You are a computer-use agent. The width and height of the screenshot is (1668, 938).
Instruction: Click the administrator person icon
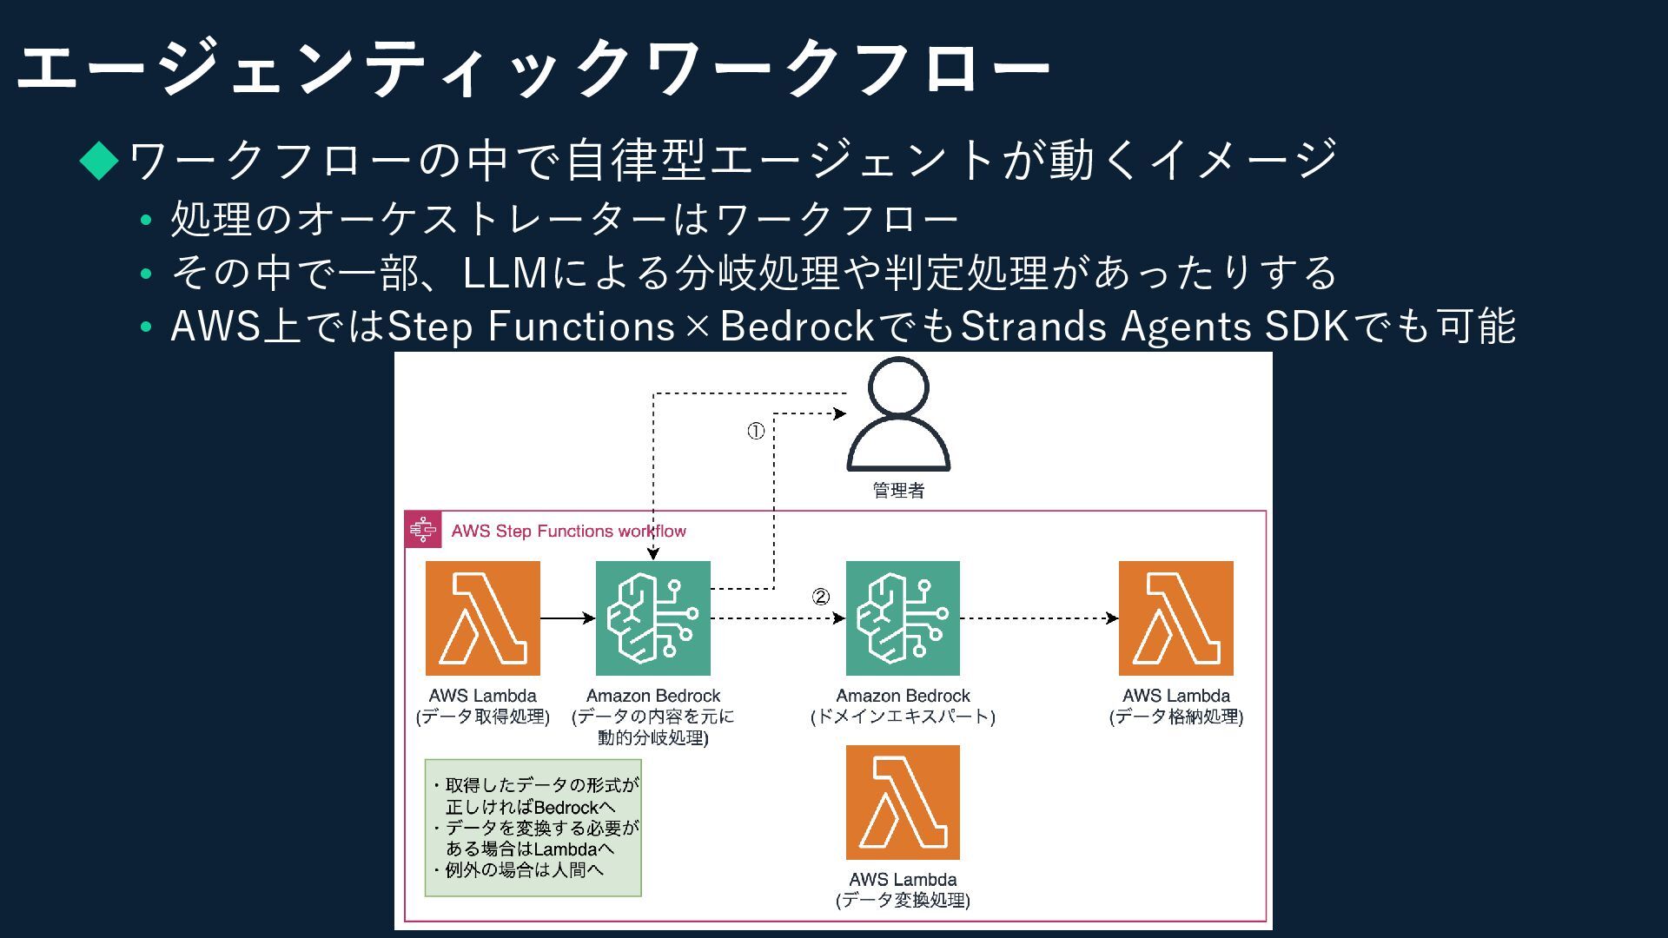point(898,415)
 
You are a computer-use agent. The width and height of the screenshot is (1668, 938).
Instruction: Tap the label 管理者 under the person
point(898,491)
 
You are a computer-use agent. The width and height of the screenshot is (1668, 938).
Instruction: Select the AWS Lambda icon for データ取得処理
point(482,618)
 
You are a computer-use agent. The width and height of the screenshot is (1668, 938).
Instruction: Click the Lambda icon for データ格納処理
point(1175,618)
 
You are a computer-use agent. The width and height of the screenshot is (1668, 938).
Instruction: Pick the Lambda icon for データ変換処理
point(903,803)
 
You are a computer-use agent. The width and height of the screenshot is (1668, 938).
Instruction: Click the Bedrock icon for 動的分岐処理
point(652,618)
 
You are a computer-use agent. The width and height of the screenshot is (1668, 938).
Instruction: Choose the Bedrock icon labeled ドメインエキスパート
point(903,618)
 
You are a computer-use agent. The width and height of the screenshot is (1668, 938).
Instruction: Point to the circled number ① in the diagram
point(756,431)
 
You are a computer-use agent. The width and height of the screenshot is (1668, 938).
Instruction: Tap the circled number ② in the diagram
point(820,597)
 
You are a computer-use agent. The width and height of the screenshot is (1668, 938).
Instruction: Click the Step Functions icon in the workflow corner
point(423,530)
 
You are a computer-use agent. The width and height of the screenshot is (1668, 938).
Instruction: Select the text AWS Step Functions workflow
point(568,531)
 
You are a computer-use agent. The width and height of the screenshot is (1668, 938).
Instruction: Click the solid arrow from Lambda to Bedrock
point(567,618)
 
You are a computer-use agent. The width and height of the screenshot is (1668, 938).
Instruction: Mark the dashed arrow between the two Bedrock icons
point(778,618)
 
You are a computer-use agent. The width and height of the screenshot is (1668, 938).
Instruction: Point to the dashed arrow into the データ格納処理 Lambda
point(1039,618)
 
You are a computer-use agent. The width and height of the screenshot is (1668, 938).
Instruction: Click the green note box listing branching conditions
point(533,828)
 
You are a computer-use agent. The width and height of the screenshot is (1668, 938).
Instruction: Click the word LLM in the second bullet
point(505,273)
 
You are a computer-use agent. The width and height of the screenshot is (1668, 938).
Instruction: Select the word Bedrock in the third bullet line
point(797,327)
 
